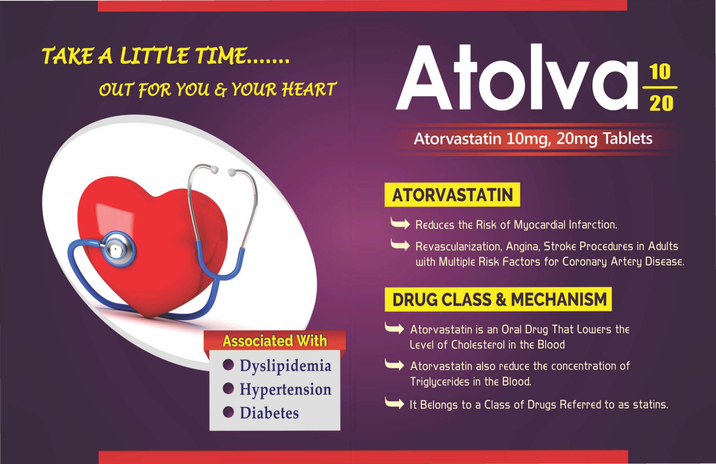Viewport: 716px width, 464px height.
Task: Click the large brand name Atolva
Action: (517, 78)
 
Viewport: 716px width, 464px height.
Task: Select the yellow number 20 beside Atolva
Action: (661, 103)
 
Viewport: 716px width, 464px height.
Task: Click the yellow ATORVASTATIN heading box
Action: (452, 194)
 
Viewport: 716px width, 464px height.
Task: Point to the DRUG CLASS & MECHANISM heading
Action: (498, 299)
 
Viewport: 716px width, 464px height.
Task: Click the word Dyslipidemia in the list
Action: (285, 366)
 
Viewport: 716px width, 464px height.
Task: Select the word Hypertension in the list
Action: (286, 390)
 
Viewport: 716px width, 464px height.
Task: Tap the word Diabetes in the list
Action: (269, 413)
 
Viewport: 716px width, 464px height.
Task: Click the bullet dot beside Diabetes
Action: (228, 412)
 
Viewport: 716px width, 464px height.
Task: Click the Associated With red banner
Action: (275, 341)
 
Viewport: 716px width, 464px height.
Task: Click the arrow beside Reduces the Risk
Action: (400, 224)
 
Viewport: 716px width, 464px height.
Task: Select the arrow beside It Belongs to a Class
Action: (395, 404)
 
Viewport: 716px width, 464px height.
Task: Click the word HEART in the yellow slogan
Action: (308, 89)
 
